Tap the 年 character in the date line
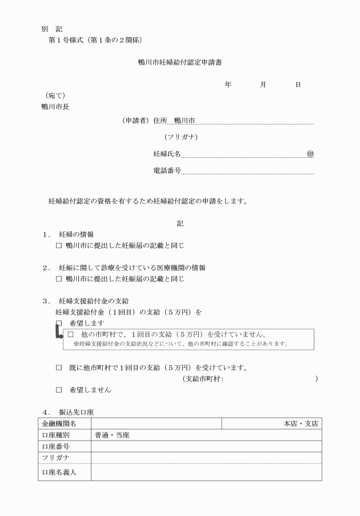228,85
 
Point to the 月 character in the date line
262,85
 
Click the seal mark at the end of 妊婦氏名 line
310,154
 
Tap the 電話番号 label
167,170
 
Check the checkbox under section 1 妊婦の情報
58,246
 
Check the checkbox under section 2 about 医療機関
58,279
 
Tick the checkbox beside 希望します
58,323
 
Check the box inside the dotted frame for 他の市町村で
71,334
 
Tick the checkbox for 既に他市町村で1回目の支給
58,367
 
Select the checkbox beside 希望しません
58,390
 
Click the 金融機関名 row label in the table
59,424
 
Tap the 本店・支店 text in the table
301,424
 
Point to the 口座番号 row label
56,446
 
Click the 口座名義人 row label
59,472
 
